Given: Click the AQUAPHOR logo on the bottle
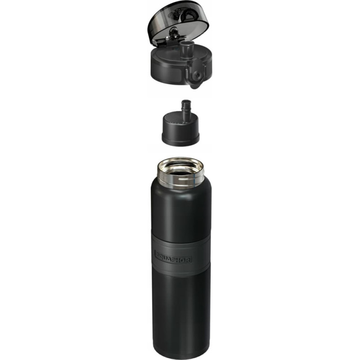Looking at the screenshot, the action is pos(173,256).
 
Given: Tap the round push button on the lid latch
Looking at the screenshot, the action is pos(196,74).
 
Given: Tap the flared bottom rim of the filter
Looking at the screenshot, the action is pos(180,139).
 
